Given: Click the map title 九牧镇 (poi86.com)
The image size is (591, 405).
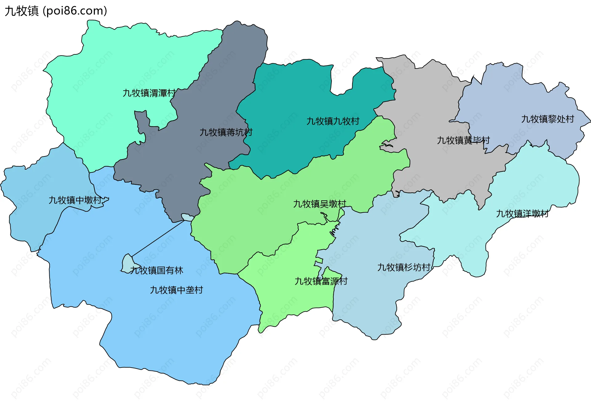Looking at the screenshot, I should click(x=56, y=11).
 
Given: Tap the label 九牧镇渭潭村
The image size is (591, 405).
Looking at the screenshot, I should click(x=149, y=93).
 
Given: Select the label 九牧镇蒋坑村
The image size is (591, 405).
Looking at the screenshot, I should click(x=226, y=132).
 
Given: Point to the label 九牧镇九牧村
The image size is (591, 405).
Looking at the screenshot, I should click(x=333, y=121).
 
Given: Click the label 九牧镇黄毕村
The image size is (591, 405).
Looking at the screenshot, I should click(x=463, y=140).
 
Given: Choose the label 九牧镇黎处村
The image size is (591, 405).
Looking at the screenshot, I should click(x=548, y=119).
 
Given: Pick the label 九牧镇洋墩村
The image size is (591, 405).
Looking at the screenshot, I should click(x=522, y=214).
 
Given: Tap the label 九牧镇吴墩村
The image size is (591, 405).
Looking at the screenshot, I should click(x=320, y=204).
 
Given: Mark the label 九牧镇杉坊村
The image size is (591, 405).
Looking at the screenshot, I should click(x=404, y=267).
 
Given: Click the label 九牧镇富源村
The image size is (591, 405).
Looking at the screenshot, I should click(x=321, y=281).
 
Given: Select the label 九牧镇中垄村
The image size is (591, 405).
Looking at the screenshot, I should click(x=176, y=290).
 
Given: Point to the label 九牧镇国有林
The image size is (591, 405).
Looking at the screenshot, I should click(x=156, y=270).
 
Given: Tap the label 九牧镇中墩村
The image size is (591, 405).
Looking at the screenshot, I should click(x=75, y=200).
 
